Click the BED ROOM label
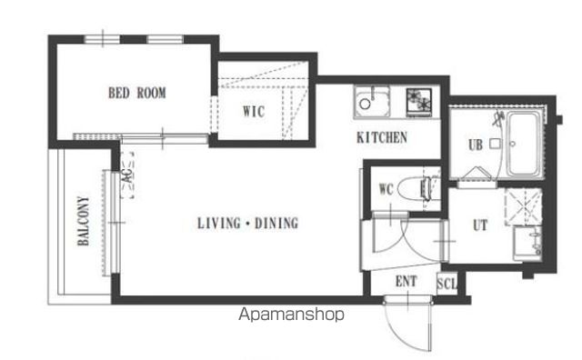pos(137,93)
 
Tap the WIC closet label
pos(254,111)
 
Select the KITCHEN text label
pos(382,137)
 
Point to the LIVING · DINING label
pos(247,223)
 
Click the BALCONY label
pos(84,221)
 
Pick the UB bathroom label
pos(476,145)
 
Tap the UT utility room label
pos(480,225)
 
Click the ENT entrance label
pos(406,281)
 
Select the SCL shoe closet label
pos(447,284)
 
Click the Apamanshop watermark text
pos(291,315)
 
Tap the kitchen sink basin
pos(372,102)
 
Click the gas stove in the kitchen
pos(418,102)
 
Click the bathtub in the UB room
pos(524,144)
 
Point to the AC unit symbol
pos(127,175)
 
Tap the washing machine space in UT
pos(524,206)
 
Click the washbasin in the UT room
pos(527,244)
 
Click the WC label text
pos(386,189)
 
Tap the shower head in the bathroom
pos(497,118)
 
